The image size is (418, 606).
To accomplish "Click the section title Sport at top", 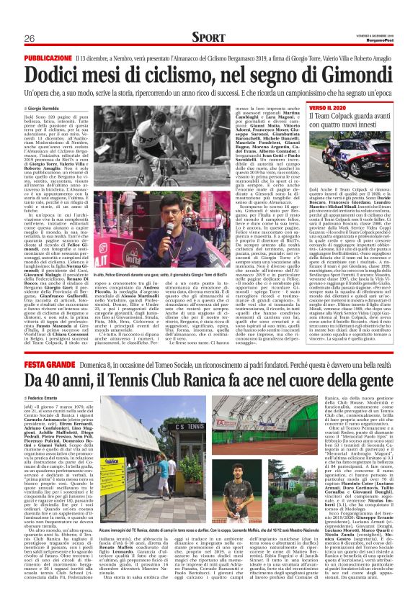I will pyautogui.click(x=210, y=37).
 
